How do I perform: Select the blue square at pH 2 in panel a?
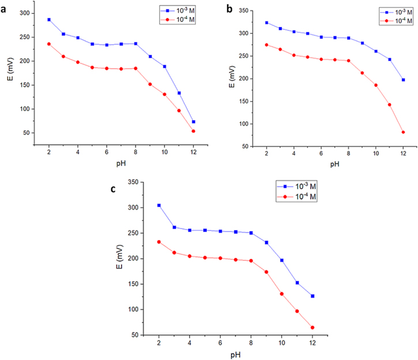pos(49,20)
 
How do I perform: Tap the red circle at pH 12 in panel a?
pos(193,131)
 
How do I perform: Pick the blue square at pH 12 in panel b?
pos(403,80)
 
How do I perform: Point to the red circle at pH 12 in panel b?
pos(403,132)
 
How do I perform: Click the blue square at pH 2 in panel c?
pos(159,206)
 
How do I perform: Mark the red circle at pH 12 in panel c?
pos(312,328)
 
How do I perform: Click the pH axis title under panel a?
pos(120,163)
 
